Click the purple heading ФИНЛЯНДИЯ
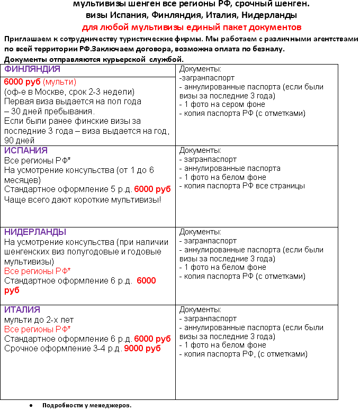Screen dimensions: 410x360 [32, 69]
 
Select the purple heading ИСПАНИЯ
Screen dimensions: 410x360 [26, 150]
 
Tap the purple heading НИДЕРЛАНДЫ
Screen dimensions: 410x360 [35, 232]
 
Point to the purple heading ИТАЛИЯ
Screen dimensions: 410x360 [23, 309]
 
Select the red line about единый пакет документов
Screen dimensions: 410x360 [192, 26]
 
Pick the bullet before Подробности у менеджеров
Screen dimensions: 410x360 [32, 405]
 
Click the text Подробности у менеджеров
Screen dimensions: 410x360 [86, 405]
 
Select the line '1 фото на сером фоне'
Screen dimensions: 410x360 [223, 104]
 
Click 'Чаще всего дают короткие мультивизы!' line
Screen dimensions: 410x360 [83, 199]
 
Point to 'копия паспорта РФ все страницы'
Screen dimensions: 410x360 [242, 186]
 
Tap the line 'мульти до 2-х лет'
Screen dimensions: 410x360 [39, 320]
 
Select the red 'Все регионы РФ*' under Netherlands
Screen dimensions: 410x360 [38, 271]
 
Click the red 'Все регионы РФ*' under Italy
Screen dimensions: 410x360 [38, 329]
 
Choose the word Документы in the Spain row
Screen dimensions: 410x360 [200, 150]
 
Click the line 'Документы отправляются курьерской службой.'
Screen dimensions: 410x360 [94, 59]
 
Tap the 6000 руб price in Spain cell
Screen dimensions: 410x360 [152, 189]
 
